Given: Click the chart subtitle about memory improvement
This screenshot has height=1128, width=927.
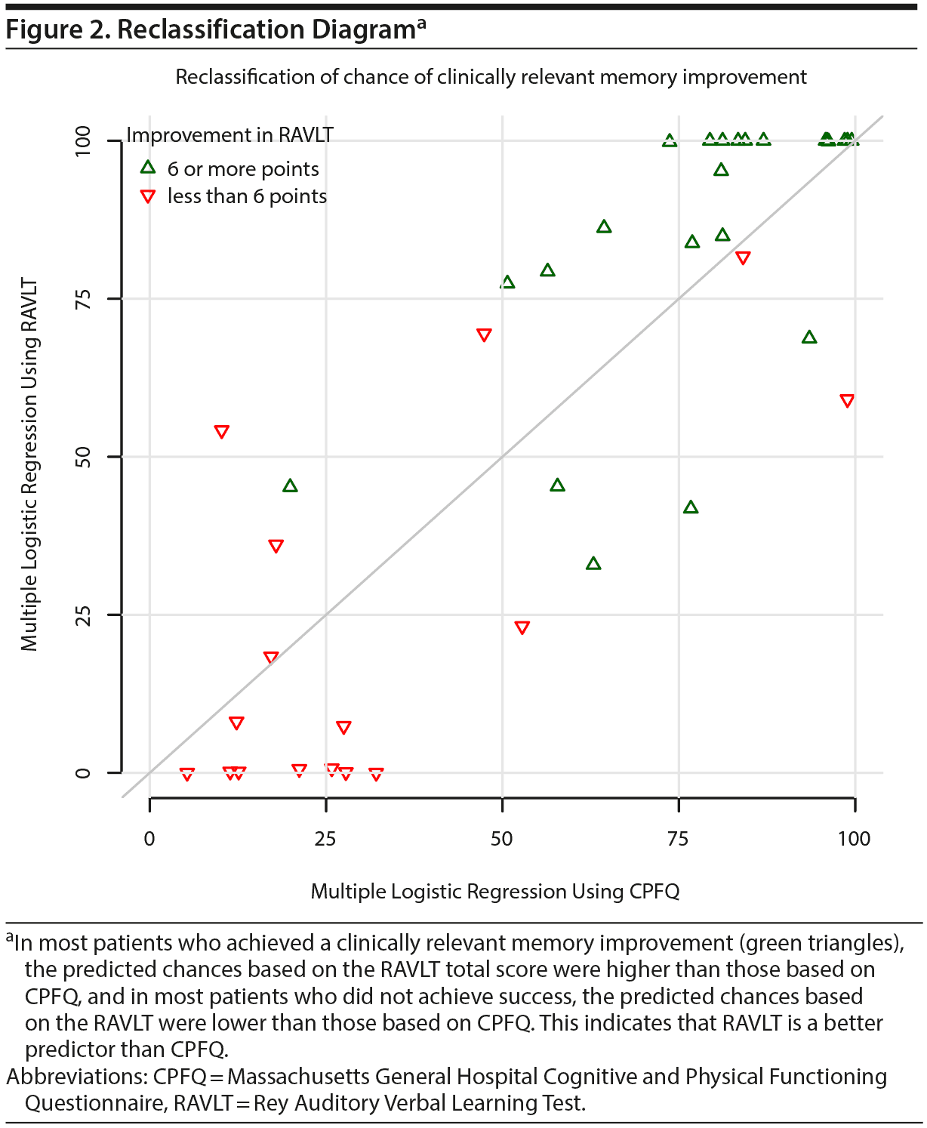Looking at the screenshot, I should pos(491,77).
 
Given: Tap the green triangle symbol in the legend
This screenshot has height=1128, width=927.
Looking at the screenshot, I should pos(148,168).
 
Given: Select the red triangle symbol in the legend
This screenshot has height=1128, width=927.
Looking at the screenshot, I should pos(148,197).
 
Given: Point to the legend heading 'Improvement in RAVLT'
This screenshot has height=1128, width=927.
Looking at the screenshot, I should pos(229,135).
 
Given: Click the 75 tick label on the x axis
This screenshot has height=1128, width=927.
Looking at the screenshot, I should pos(679,839).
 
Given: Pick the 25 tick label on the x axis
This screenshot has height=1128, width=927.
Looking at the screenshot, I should pos(325,839).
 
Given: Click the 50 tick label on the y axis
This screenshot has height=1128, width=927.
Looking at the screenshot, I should pos(83,457).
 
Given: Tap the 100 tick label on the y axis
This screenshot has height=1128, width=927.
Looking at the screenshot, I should pos(83,141).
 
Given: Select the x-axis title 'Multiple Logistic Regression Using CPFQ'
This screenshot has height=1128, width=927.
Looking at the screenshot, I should pos(495,892).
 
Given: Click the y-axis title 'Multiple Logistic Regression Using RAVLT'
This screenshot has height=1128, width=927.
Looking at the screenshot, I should pos(29,465).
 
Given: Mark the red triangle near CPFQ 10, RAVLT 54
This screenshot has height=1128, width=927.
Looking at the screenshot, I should pos(221,432).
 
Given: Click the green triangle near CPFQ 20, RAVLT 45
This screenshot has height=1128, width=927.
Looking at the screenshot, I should pos(290,486).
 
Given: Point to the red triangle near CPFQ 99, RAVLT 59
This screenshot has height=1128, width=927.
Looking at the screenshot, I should pos(847,400).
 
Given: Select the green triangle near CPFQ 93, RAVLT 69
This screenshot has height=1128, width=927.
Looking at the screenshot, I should pos(809,337).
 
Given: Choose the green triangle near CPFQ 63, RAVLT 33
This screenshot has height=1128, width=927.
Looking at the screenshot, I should pos(593,564).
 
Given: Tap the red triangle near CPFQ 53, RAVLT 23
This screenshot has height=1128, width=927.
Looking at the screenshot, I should pos(522,627).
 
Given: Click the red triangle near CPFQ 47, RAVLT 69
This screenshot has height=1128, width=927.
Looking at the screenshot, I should pos(484,335).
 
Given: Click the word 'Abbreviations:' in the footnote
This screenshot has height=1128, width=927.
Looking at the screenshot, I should pos(77,1077).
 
